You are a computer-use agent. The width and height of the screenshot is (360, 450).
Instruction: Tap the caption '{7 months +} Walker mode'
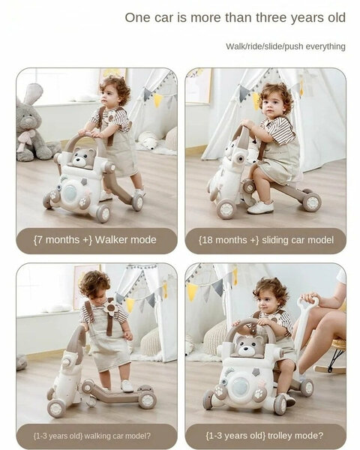[x=96, y=240]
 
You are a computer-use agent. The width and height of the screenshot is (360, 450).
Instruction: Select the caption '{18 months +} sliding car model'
[x=265, y=240]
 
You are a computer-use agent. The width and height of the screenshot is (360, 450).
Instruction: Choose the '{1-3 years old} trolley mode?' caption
[x=265, y=434]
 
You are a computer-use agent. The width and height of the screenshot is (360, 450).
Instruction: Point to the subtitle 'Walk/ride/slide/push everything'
[x=286, y=46]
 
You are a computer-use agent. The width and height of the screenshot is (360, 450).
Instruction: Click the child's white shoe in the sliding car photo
[x=262, y=208]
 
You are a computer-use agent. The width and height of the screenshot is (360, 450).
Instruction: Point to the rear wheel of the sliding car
[x=311, y=202]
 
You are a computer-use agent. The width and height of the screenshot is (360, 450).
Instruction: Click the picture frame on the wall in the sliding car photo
[x=198, y=85]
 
